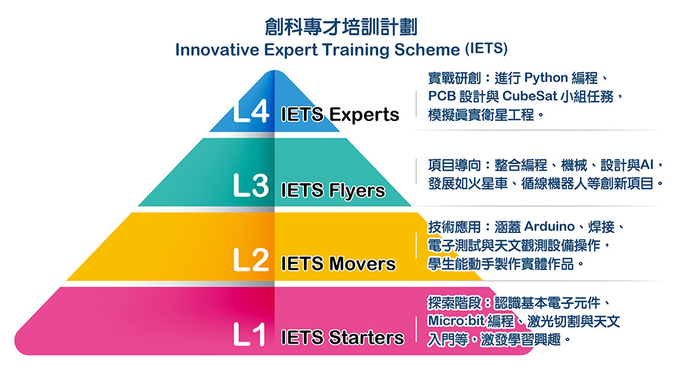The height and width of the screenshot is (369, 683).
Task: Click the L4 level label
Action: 251,111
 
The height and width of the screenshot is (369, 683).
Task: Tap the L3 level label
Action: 251,186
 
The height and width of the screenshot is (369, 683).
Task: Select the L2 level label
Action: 251,260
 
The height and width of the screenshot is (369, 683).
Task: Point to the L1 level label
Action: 249,335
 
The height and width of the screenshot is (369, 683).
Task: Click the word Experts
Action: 364,115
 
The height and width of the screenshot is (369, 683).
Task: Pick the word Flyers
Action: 357,191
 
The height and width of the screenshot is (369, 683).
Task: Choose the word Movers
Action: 363,264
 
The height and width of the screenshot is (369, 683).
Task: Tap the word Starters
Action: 366,338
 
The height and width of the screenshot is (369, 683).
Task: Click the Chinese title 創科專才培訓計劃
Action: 341,27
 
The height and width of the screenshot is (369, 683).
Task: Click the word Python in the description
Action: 546,79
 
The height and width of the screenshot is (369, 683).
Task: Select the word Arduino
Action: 549,227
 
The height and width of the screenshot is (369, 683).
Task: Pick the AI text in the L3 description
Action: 647,165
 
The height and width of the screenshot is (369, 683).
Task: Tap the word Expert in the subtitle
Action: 291,50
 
